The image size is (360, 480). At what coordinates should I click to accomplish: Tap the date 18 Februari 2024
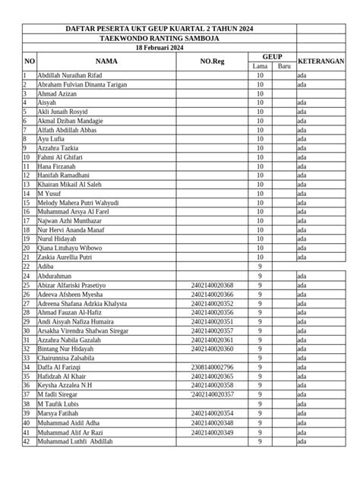(159, 46)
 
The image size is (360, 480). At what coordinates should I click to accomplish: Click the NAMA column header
(106, 61)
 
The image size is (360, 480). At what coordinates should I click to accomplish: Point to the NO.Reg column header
(212, 61)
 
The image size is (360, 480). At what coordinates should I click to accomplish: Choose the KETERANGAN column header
(321, 61)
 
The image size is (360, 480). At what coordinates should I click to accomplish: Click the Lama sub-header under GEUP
(261, 66)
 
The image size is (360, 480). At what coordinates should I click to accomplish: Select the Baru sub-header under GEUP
(285, 66)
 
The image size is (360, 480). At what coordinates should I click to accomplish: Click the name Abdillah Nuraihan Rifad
(68, 76)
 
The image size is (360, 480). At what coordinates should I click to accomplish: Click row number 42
(27, 441)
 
